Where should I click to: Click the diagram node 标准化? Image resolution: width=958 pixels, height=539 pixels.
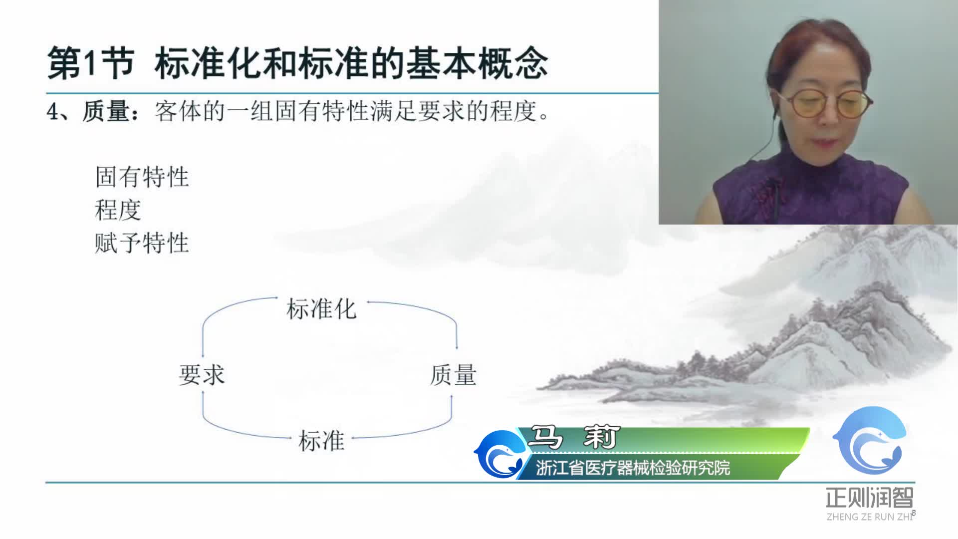pyautogui.click(x=321, y=309)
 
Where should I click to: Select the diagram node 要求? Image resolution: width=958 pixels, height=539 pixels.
pyautogui.click(x=202, y=375)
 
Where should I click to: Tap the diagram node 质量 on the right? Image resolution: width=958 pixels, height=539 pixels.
pyautogui.click(x=453, y=375)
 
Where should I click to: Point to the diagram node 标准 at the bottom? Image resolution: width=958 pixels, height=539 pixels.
pyautogui.click(x=321, y=441)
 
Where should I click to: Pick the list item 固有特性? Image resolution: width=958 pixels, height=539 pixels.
pyautogui.click(x=142, y=177)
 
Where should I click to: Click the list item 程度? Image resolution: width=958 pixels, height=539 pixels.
pyautogui.click(x=118, y=210)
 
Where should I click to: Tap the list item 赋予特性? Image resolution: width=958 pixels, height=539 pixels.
pyautogui.click(x=142, y=244)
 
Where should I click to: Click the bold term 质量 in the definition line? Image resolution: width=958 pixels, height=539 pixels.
pyautogui.click(x=106, y=111)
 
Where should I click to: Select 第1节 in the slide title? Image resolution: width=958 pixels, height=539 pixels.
pyautogui.click(x=90, y=64)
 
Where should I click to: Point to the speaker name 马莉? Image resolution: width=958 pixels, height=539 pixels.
pyautogui.click(x=574, y=438)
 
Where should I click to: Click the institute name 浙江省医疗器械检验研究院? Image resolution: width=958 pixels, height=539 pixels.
pyautogui.click(x=633, y=468)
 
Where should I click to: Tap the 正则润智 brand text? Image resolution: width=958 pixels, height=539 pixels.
pyautogui.click(x=870, y=498)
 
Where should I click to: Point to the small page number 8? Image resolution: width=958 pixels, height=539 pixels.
pyautogui.click(x=914, y=513)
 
